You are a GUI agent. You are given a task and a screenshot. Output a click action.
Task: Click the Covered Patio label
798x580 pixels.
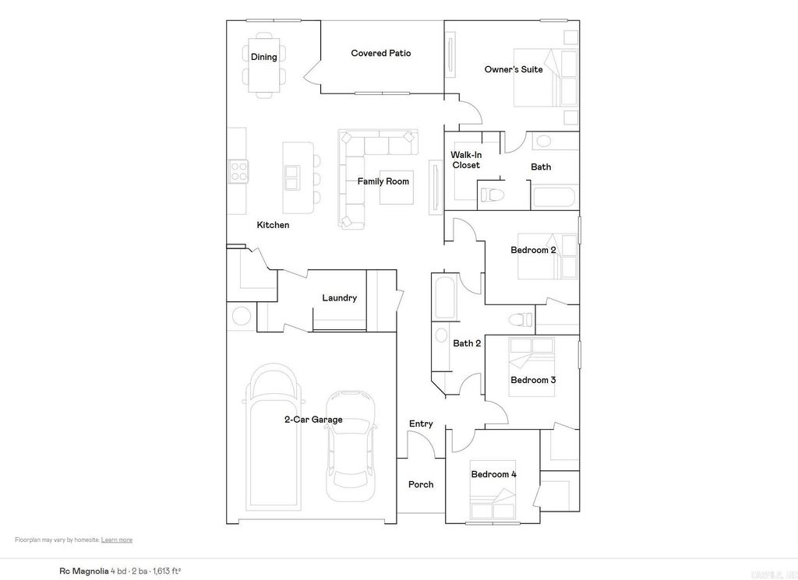(x=380, y=54)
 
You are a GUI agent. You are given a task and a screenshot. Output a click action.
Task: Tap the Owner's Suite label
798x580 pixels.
(x=514, y=70)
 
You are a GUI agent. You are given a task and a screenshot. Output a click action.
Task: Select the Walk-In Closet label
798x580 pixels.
(x=466, y=160)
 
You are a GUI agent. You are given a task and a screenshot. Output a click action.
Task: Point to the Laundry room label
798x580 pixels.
(x=339, y=298)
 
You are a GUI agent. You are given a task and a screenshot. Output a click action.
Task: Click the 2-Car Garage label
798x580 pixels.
(x=312, y=420)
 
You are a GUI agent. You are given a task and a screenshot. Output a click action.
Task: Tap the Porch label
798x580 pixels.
(x=421, y=485)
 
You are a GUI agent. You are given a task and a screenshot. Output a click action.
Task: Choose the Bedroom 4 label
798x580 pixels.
(x=493, y=475)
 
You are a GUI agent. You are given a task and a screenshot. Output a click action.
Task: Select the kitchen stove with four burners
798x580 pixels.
(x=238, y=171)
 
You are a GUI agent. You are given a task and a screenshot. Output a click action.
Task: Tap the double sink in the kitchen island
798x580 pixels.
(x=292, y=178)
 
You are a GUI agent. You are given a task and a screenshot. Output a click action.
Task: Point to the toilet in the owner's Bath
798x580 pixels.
(x=492, y=192)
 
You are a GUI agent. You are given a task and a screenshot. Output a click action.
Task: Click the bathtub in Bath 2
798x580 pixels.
(x=445, y=297)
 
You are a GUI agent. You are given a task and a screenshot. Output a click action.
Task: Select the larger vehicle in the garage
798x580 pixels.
(x=273, y=439)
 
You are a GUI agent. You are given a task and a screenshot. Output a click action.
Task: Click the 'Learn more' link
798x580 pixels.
(x=117, y=540)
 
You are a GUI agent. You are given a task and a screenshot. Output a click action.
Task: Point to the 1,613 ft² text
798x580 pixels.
(x=166, y=571)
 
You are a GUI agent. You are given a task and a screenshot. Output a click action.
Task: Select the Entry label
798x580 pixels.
(x=421, y=424)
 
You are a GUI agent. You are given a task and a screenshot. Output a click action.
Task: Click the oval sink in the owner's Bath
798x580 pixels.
(x=543, y=141)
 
